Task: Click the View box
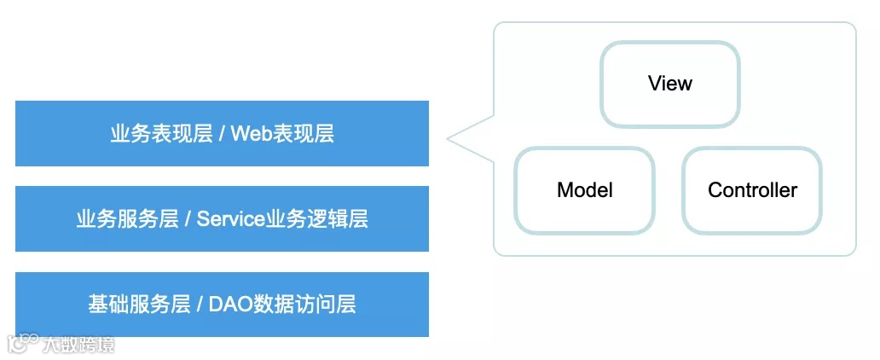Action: (x=670, y=84)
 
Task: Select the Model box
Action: (x=585, y=190)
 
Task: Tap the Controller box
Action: (x=752, y=190)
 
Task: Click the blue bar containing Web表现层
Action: (x=222, y=133)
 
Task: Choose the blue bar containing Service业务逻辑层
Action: (x=222, y=218)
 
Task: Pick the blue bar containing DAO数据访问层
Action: (x=222, y=304)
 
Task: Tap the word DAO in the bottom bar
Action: (x=228, y=305)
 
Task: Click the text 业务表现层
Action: (x=161, y=134)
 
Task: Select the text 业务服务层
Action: (x=127, y=219)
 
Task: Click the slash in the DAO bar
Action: (x=200, y=305)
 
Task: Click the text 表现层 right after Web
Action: (x=304, y=134)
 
